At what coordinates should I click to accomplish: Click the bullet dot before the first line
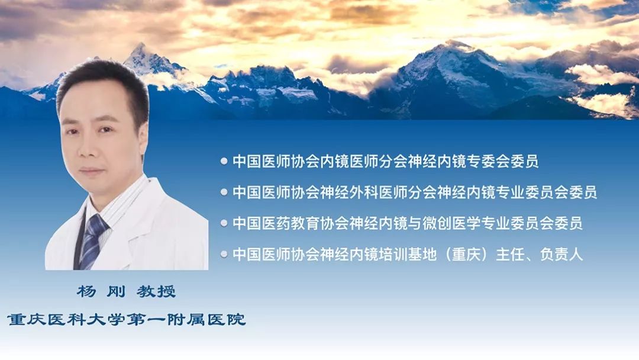point(224,161)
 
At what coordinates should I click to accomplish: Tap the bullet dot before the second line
point(224,192)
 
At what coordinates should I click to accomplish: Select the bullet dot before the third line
point(224,223)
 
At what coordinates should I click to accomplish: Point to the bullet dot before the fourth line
point(224,255)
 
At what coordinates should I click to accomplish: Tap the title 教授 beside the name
point(156,292)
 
